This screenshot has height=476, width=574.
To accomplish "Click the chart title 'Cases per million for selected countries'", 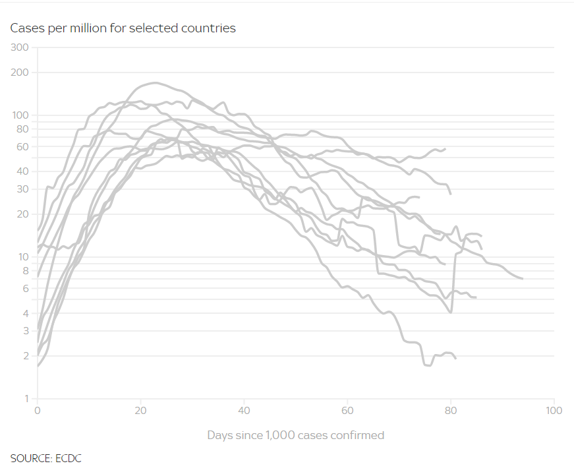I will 123,28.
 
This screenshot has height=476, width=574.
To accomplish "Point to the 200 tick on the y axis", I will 21,72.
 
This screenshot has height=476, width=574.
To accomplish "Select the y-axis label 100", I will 21,115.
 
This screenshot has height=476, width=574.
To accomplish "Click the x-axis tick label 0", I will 38,410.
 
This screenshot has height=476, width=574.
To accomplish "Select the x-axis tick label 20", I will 140,410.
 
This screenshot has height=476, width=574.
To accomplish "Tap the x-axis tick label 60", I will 347,410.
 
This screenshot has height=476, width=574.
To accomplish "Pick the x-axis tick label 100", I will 554,410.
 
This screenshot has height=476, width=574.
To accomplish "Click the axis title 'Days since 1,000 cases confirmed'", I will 295,435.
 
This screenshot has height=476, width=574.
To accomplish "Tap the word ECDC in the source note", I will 69,458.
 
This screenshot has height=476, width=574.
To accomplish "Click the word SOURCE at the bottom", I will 31,458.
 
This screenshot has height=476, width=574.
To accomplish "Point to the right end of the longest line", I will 523,279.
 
